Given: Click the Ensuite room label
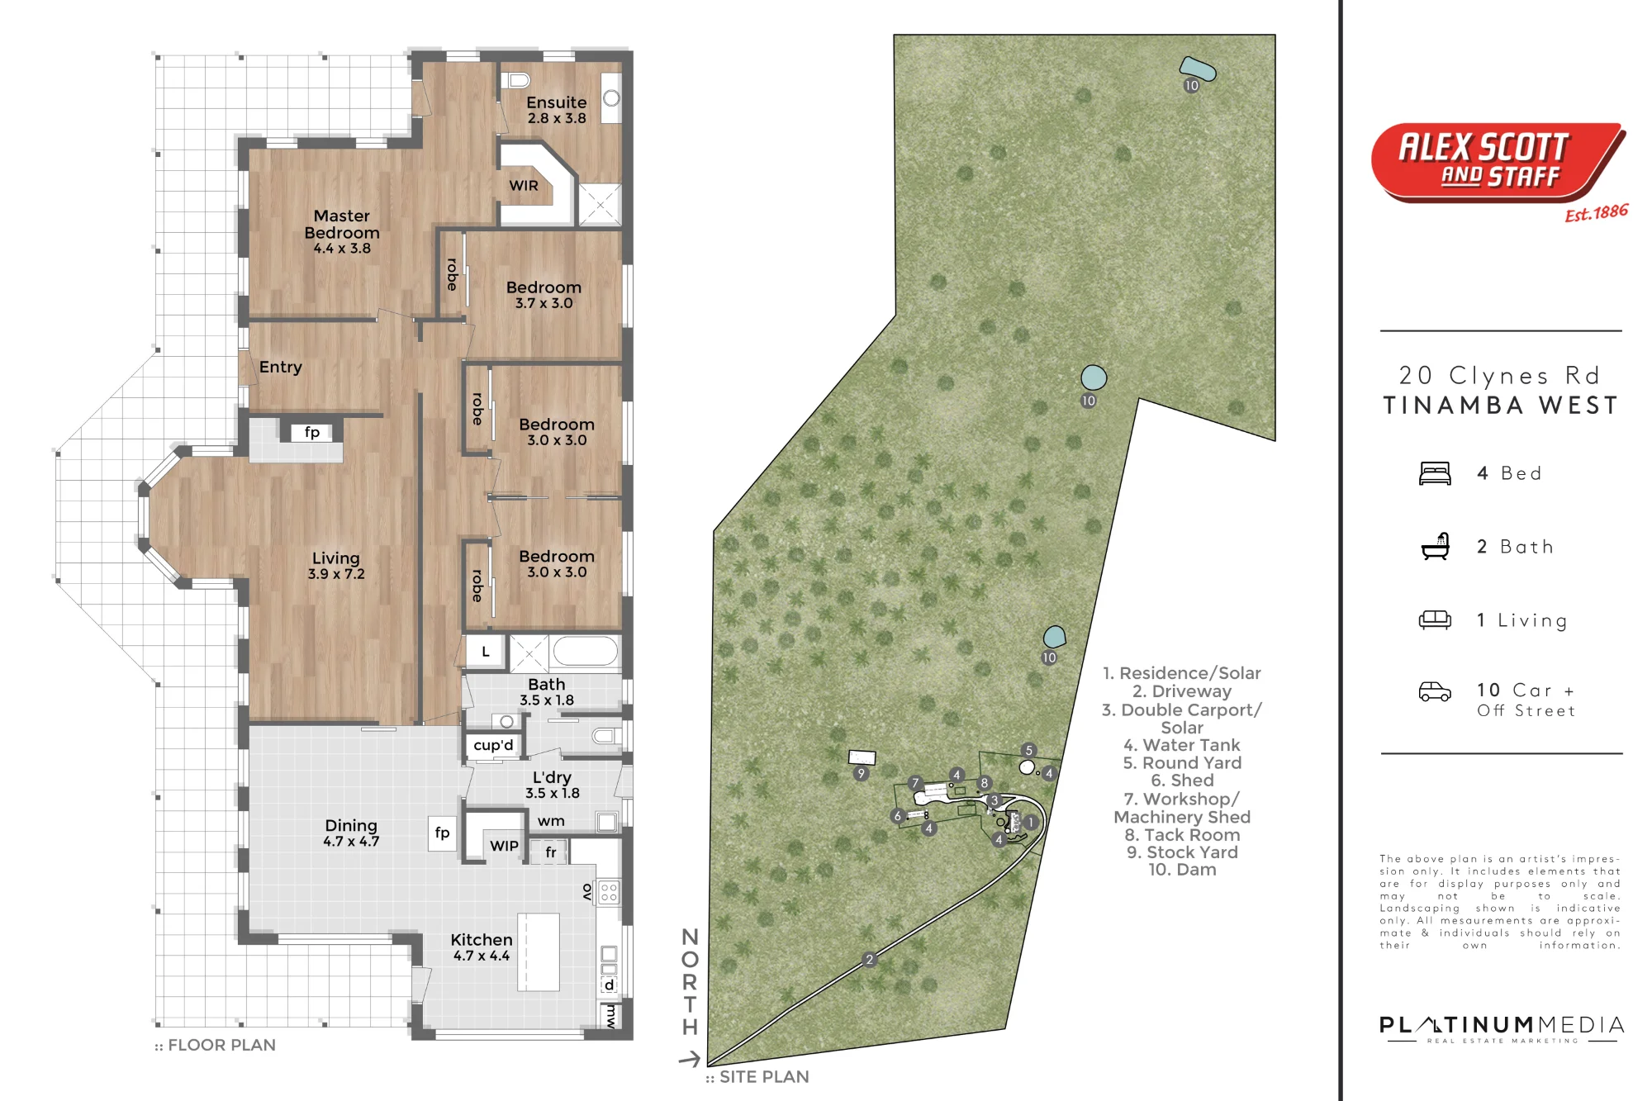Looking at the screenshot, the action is tap(557, 109).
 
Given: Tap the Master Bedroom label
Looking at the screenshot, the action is tap(342, 231).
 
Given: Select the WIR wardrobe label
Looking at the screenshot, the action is tap(524, 186).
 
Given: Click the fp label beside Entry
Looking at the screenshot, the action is tap(312, 432).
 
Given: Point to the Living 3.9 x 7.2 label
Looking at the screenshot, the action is tap(336, 566).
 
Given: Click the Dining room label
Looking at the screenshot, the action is tap(351, 833).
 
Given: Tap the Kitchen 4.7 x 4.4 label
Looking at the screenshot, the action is tap(482, 947).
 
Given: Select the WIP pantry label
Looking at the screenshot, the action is tap(504, 846).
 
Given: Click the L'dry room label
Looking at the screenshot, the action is tap(552, 785).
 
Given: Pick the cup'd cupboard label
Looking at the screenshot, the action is tap(493, 745).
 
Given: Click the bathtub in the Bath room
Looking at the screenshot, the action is tap(586, 652).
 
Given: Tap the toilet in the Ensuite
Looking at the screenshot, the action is tap(517, 80).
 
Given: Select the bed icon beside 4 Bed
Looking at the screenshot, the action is tap(1435, 473).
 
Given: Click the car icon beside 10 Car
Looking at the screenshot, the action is tap(1435, 691).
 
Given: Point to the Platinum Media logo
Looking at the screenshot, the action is tap(1502, 1029).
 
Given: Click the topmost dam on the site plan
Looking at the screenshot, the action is tap(1198, 69).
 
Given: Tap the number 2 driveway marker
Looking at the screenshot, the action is tap(869, 960).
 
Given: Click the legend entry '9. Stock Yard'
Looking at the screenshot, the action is tap(1182, 852).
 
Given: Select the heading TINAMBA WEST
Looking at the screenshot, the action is tap(1501, 406).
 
